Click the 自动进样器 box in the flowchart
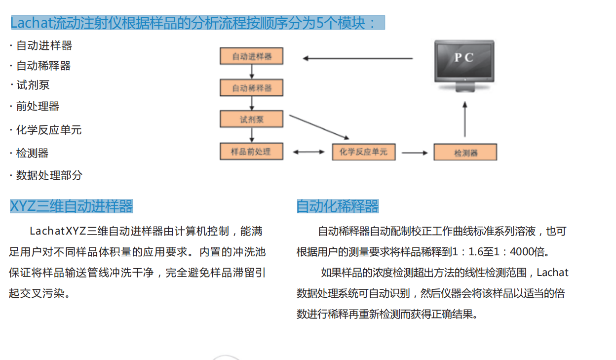[252, 56]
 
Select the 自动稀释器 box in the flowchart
[252, 88]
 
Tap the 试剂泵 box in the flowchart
[252, 120]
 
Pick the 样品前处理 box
[252, 152]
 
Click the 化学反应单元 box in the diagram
[363, 152]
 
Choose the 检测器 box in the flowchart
[465, 152]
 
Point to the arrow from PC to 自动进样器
[357, 58]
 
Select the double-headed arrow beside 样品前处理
[308, 152]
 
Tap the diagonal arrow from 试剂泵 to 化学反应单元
[319, 126]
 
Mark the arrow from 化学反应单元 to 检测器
[415, 153]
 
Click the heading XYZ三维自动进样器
[72, 206]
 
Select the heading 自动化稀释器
[338, 206]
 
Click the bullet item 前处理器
[38, 106]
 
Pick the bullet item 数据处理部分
[49, 175]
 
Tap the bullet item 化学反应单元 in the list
[49, 130]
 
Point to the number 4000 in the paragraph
[522, 252]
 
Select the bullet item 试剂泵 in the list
[33, 85]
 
